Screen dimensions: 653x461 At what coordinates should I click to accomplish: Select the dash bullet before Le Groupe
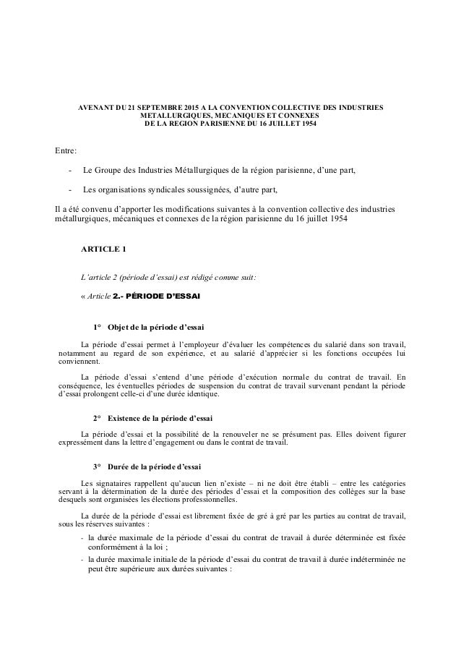pos(69,171)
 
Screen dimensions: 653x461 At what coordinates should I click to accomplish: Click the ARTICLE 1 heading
pos(103,250)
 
